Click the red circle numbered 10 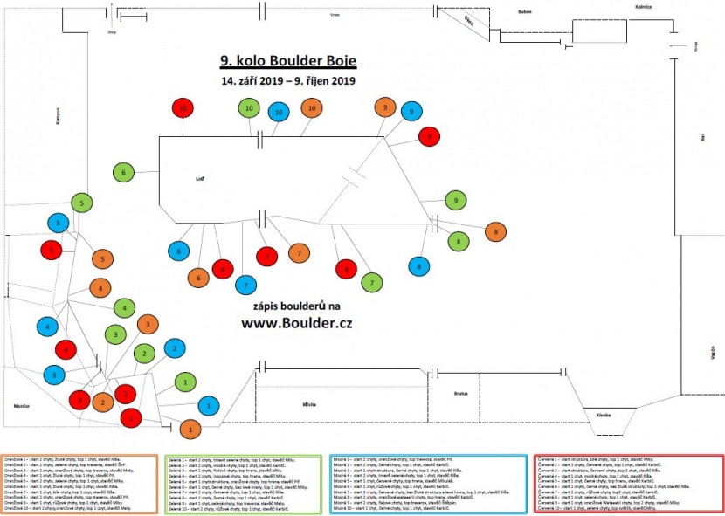[183, 108]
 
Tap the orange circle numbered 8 [495, 231]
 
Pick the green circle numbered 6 [123, 173]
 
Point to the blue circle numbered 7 [246, 285]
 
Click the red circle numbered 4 [67, 350]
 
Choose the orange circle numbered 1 [190, 428]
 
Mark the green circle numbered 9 [456, 201]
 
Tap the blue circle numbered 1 [208, 406]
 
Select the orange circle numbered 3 [147, 325]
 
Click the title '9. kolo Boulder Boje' [288, 61]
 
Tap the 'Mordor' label [22, 407]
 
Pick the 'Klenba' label [603, 414]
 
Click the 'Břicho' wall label [309, 405]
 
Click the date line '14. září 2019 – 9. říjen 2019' [288, 81]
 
